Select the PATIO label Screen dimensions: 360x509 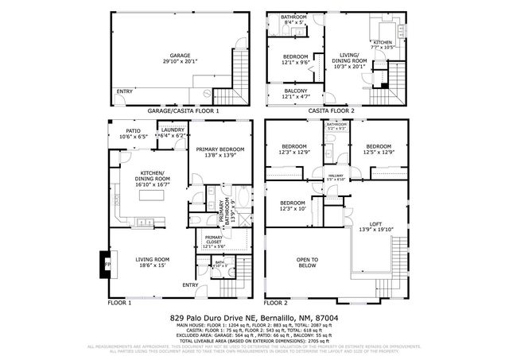(134, 132)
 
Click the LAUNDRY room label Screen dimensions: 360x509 (173, 131)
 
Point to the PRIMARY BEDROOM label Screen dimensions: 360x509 (220, 149)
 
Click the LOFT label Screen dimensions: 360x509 (376, 225)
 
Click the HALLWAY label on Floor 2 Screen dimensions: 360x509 (336, 175)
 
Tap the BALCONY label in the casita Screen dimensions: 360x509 (296, 91)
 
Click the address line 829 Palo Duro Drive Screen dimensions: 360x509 (254, 316)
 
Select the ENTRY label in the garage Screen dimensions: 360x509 (125, 91)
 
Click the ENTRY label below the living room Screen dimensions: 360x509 (190, 285)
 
